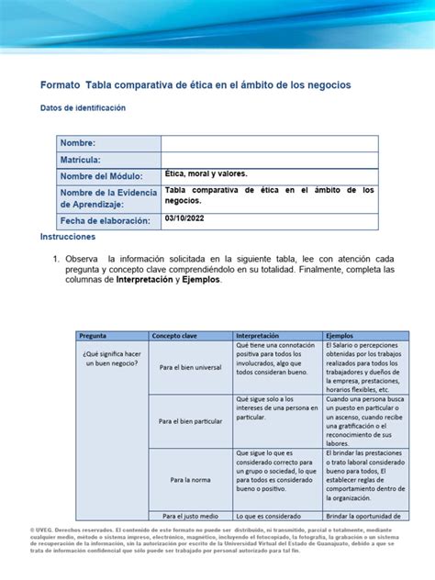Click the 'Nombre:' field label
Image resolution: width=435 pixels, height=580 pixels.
[x=78, y=143]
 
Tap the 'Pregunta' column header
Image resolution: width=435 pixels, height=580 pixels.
[x=94, y=336]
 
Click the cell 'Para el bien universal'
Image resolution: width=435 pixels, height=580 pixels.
[x=190, y=367]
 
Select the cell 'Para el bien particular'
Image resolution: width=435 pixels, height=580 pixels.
[x=190, y=421]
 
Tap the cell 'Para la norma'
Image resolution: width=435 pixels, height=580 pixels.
[x=190, y=479]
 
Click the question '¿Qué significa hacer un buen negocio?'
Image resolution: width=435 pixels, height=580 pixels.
[x=111, y=359]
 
